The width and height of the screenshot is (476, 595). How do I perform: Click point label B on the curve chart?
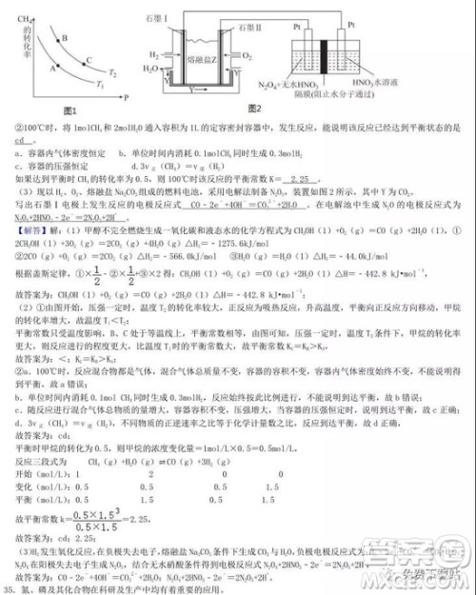pyautogui.click(x=64, y=38)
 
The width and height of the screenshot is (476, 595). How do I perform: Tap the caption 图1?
pyautogui.click(x=68, y=111)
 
